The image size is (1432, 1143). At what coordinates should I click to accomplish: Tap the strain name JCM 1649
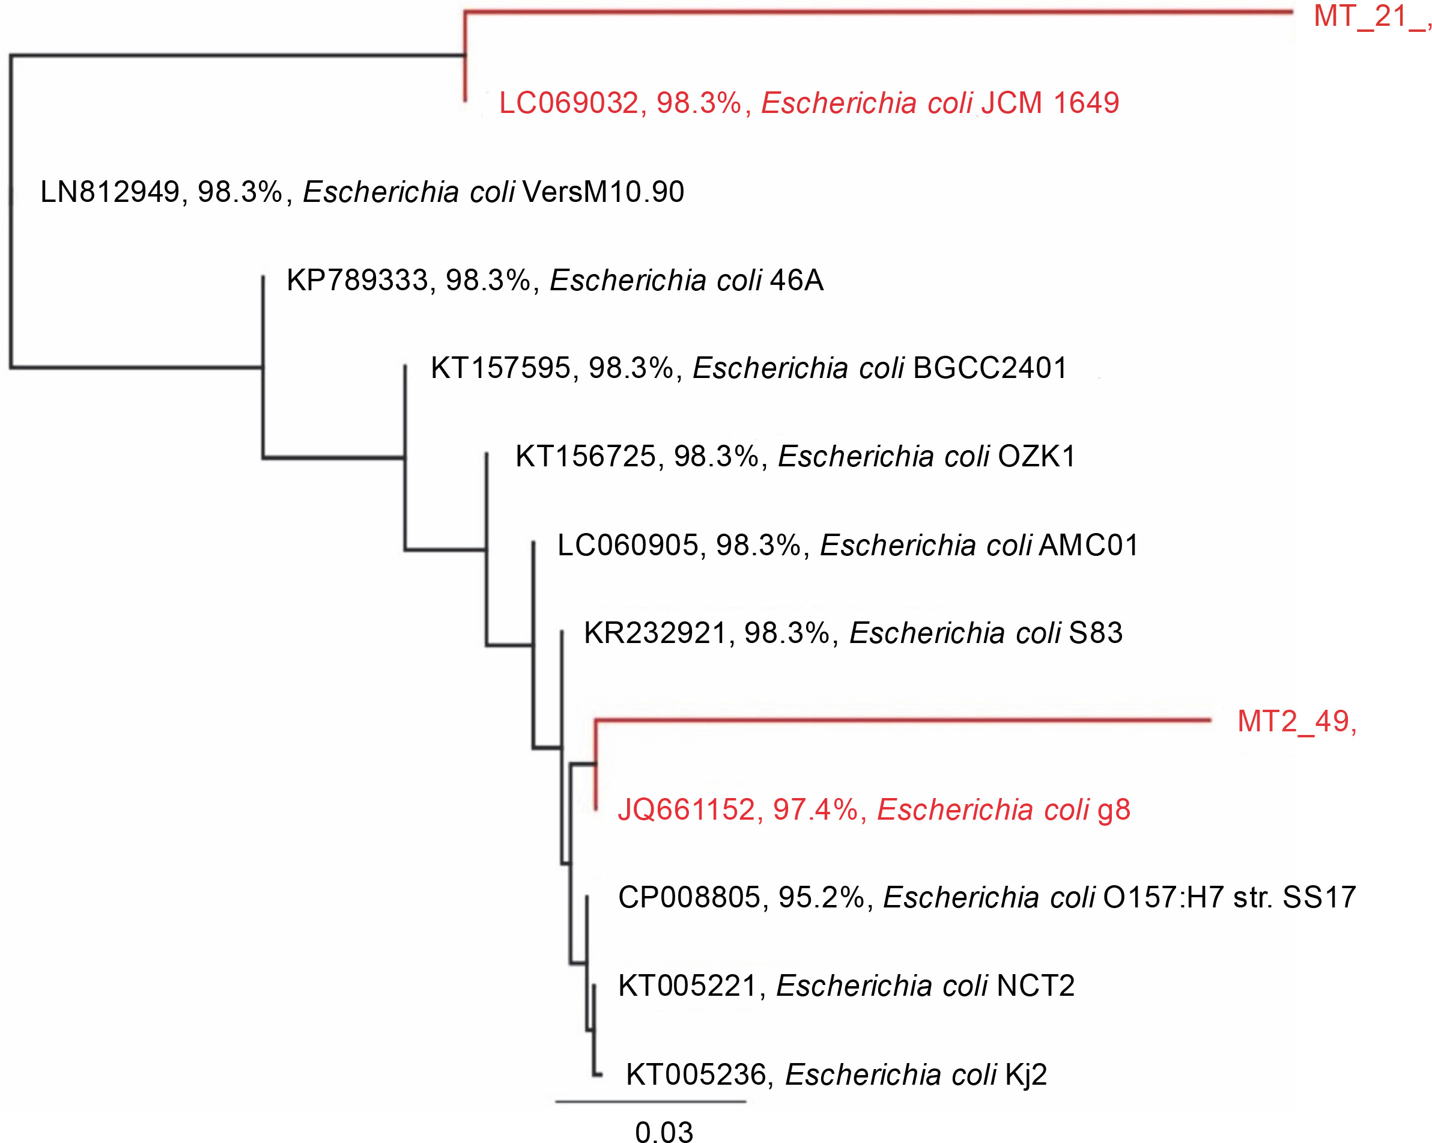[1050, 103]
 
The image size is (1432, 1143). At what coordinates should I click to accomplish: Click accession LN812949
[109, 192]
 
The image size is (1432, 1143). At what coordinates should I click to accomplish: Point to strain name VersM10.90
[603, 192]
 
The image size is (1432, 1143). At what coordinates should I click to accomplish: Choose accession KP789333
[357, 281]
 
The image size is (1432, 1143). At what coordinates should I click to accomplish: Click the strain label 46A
[796, 281]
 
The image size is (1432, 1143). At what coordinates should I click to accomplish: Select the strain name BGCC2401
[991, 368]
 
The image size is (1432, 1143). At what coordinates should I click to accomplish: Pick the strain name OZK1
[1036, 457]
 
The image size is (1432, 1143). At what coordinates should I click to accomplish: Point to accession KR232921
[655, 633]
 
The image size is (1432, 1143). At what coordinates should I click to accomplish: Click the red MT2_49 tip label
[1296, 722]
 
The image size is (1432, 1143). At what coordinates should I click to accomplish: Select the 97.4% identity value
[816, 810]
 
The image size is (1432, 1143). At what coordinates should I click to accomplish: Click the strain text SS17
[1319, 898]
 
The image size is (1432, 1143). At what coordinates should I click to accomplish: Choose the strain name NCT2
[1036, 986]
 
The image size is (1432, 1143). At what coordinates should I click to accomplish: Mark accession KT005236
[696, 1074]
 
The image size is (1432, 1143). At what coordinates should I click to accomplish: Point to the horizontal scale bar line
[651, 1102]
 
